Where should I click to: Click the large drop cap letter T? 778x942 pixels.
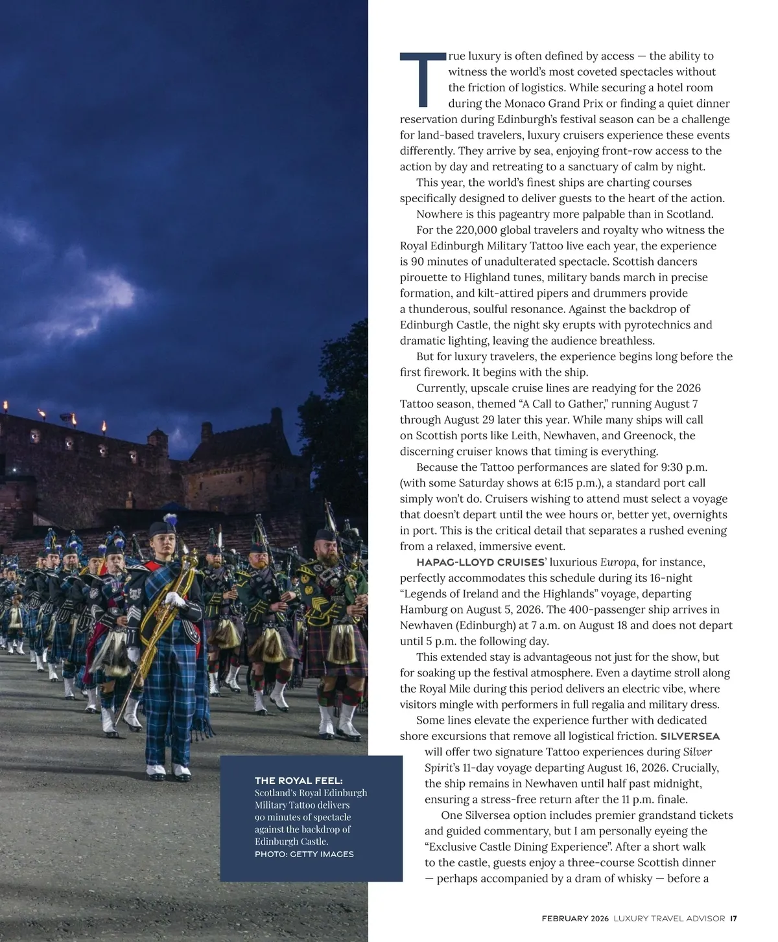tap(422, 79)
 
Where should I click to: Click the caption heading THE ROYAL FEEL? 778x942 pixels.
tap(299, 781)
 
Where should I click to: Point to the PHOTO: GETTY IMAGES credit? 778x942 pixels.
tap(304, 854)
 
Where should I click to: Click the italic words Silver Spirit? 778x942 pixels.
tap(697, 752)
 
